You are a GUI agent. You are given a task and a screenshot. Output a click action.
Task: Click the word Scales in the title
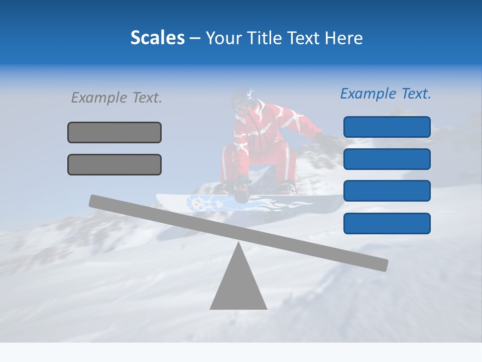[157, 38]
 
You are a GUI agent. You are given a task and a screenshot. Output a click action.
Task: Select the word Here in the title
[342, 38]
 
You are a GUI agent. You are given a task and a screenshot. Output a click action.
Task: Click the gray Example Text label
[116, 98]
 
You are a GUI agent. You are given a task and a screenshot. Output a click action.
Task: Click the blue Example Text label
[386, 94]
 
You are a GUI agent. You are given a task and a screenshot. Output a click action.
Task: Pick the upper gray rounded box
[114, 132]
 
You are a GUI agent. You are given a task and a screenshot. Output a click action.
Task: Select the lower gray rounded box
[114, 164]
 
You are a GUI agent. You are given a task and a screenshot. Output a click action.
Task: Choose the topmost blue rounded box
[387, 127]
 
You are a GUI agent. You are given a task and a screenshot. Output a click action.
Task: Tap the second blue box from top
[387, 159]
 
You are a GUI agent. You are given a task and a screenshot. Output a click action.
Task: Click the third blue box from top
[387, 191]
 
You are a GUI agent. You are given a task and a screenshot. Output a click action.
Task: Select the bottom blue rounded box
[387, 223]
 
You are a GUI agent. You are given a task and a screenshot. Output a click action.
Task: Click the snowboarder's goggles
[240, 107]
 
